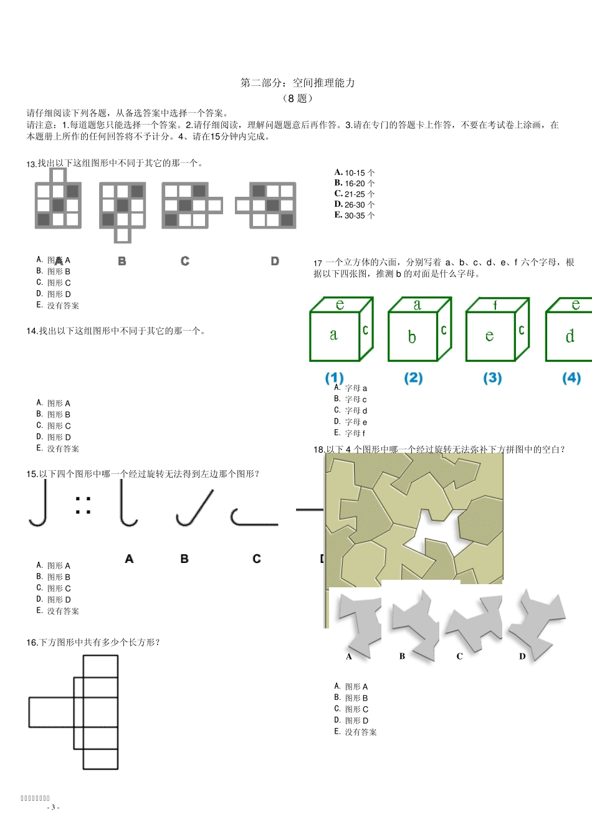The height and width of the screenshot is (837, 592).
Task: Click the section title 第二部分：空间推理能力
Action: [297, 83]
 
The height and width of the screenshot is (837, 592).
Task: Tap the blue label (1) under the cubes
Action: [334, 378]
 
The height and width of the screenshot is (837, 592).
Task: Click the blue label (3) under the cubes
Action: [492, 378]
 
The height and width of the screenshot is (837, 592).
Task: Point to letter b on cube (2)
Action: [411, 337]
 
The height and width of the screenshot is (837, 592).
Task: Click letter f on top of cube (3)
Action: [495, 305]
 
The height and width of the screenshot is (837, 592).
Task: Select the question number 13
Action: [31, 164]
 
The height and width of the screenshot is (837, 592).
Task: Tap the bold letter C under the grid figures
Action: [185, 261]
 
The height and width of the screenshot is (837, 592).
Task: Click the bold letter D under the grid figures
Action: [275, 261]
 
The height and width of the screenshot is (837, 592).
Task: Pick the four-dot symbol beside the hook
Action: [83, 505]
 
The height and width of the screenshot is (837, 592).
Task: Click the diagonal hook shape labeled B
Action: [194, 508]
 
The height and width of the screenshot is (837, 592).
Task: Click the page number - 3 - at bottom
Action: [53, 807]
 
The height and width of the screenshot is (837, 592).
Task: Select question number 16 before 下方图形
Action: [32, 643]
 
